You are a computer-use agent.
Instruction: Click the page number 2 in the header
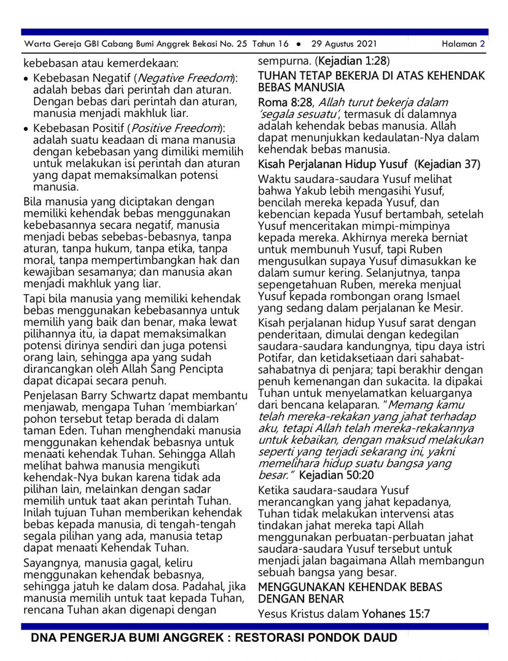click(x=483, y=44)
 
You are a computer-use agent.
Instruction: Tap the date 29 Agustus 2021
click(x=344, y=44)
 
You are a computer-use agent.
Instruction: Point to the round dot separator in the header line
click(x=299, y=44)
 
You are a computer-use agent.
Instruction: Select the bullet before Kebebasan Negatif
click(x=26, y=79)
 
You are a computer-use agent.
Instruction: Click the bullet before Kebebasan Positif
click(x=26, y=129)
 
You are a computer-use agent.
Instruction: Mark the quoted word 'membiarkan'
click(x=206, y=407)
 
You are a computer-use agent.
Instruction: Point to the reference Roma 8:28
click(x=286, y=102)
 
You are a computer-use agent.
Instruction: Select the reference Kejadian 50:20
click(x=336, y=475)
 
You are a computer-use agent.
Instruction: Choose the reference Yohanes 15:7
click(x=396, y=614)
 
